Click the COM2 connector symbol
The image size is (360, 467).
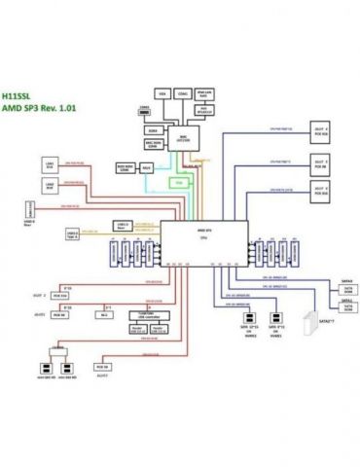[x=144, y=112]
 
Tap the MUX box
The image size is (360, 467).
[x=146, y=168]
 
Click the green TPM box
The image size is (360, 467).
[x=178, y=181]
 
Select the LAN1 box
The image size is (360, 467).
[x=49, y=164]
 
